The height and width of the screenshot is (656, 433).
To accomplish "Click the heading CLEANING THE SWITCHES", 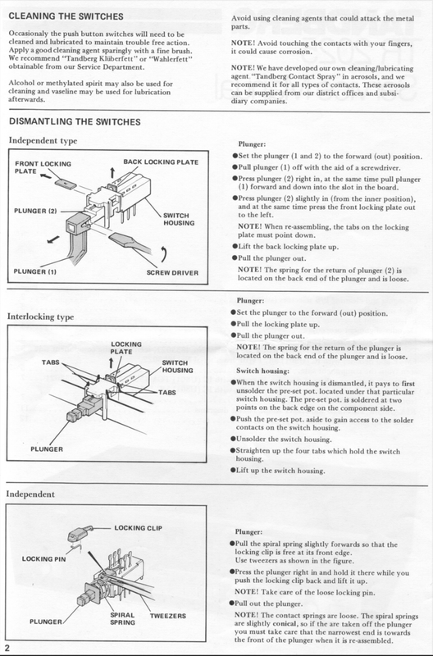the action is click(x=66, y=16).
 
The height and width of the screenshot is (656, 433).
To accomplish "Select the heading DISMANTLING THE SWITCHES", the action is click(x=75, y=121).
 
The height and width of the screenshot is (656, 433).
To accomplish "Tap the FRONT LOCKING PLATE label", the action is click(x=43, y=167).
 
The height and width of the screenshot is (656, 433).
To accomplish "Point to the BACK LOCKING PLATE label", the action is click(x=161, y=162).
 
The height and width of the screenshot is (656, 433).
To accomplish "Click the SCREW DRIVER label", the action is click(x=172, y=273).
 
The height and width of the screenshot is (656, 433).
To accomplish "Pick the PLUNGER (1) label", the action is click(x=35, y=271).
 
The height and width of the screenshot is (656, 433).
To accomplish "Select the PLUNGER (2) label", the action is click(x=35, y=211).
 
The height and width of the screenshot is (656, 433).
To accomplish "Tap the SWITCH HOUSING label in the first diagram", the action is click(x=179, y=219).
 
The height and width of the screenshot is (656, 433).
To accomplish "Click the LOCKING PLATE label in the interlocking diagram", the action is click(x=126, y=348).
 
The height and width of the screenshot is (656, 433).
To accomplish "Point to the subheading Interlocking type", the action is click(x=40, y=317).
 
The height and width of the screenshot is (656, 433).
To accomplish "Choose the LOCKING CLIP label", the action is click(x=138, y=528).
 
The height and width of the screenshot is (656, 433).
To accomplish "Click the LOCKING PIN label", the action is click(x=44, y=559).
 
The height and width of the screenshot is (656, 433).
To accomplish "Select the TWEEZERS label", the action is click(x=168, y=616).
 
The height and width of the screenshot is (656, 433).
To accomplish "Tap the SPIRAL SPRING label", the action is click(x=122, y=619).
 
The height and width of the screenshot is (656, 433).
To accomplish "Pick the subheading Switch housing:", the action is click(x=262, y=371).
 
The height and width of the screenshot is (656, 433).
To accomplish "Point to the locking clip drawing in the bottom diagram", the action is click(x=78, y=534).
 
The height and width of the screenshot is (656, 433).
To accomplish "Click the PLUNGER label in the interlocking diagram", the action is click(x=47, y=449).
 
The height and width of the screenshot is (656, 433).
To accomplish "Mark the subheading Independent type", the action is click(x=43, y=140).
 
